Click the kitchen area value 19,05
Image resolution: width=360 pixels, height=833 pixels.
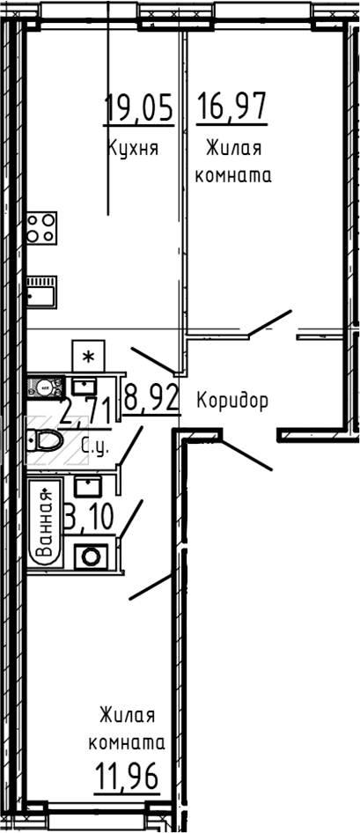(139, 107)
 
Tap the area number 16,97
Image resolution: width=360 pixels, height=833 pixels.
(231, 107)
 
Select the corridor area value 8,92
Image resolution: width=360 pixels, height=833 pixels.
(151, 398)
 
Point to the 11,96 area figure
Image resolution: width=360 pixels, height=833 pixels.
(127, 778)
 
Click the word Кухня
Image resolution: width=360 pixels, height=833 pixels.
(133, 147)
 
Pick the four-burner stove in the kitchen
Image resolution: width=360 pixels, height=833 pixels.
(41, 228)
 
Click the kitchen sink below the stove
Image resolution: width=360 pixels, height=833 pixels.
(41, 291)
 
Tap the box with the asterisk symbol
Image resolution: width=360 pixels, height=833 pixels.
(88, 356)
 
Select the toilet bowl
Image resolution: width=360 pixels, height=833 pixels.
(45, 440)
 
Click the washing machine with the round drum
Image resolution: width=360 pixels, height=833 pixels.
(91, 557)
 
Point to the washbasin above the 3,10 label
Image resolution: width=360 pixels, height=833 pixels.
(88, 485)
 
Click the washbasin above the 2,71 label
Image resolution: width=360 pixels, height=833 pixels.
(83, 386)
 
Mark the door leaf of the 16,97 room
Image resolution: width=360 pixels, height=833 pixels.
(270, 322)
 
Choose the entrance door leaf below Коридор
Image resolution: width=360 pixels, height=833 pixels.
(246, 454)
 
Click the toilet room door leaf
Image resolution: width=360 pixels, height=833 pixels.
(130, 446)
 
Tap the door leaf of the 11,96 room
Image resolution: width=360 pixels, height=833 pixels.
(151, 587)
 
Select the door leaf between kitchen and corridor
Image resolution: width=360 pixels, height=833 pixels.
(153, 359)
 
